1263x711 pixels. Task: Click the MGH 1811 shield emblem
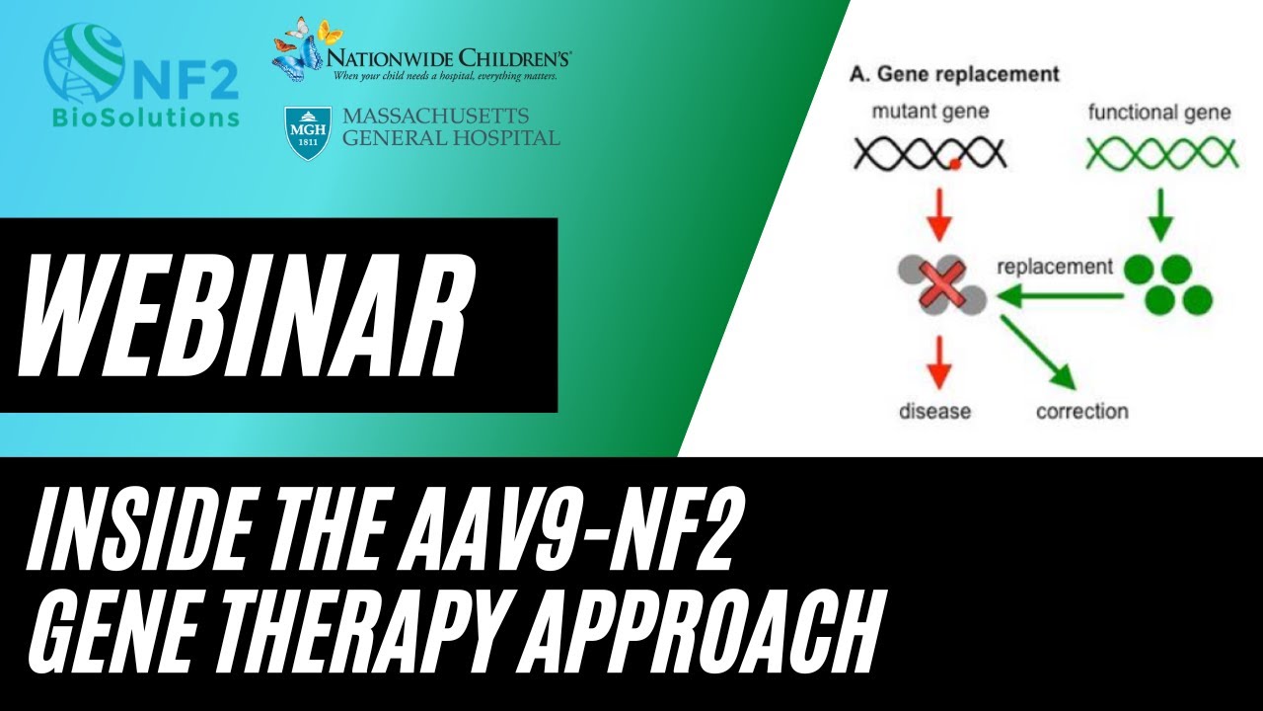307,133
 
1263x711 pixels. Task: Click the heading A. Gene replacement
954,74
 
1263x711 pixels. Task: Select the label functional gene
1159,112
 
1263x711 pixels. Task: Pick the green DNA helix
1160,154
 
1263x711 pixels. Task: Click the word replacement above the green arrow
1054,267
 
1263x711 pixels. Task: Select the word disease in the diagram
934,411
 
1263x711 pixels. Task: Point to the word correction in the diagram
1081,411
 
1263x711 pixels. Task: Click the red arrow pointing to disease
938,362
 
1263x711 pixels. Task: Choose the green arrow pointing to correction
1038,354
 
